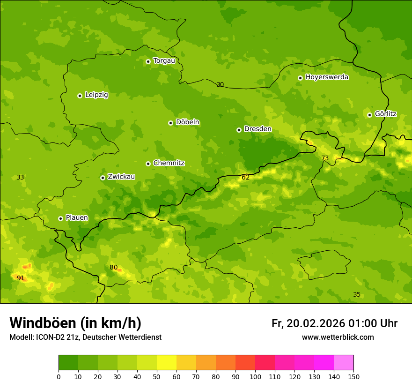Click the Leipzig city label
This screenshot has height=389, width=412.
tap(96, 95)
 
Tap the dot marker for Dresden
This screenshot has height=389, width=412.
tap(239, 130)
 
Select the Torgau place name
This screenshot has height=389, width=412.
tap(164, 60)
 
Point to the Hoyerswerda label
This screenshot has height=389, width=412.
tap(327, 77)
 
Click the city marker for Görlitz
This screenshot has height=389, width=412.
tap(369, 115)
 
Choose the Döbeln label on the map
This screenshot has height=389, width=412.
tap(187, 122)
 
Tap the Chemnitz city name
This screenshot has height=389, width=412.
tap(169, 163)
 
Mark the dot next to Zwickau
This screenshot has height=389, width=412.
tap(103, 178)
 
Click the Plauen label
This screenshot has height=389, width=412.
tap(77, 217)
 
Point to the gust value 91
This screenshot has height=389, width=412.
tap(21, 278)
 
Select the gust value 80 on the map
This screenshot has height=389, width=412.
tap(114, 267)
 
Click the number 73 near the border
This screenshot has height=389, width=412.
tap(325, 158)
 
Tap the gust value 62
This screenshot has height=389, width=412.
tap(246, 177)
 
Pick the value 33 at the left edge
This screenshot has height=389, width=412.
tap(20, 177)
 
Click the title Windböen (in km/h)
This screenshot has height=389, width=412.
tap(75, 323)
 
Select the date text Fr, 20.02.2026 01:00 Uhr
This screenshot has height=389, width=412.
tap(334, 323)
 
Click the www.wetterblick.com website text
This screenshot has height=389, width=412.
tap(338, 337)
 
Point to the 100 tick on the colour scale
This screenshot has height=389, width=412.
tap(255, 376)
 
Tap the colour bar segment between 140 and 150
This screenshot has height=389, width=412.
tap(344, 363)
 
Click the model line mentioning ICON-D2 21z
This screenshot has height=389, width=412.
tap(85, 337)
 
